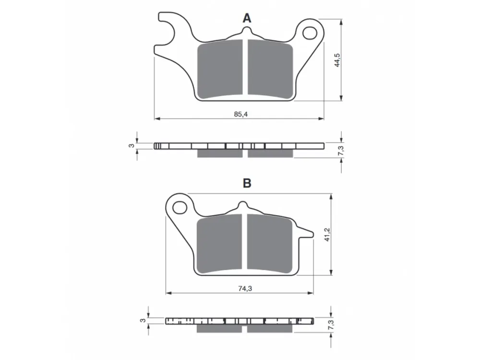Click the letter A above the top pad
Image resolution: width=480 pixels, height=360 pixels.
click(x=247, y=18)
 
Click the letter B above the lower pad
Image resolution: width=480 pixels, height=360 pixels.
click(x=247, y=183)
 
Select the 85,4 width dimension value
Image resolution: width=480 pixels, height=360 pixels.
click(x=240, y=114)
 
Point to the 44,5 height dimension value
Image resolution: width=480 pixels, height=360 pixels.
click(x=337, y=60)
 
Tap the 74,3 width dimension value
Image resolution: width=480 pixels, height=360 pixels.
click(x=245, y=288)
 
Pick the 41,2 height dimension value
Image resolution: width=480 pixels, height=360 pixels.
click(x=327, y=235)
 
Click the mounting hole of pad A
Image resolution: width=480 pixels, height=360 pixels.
click(x=310, y=33)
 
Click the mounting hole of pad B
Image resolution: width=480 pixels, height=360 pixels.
click(x=180, y=208)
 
